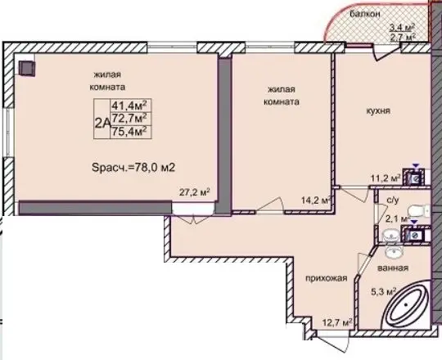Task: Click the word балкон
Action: [x=365, y=14]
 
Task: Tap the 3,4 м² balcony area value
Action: [x=402, y=28]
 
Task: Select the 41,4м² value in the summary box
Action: [x=130, y=106]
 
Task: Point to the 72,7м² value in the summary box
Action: [x=130, y=118]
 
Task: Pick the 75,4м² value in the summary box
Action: [x=130, y=131]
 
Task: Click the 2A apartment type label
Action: [x=102, y=123]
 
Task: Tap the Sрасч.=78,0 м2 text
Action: [x=133, y=168]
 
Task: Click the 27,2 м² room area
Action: [x=195, y=192]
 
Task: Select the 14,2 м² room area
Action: [x=316, y=200]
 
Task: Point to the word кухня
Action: [x=378, y=110]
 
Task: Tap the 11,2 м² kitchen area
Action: [x=386, y=178]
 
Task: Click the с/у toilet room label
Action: [x=393, y=200]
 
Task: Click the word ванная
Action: [x=393, y=268]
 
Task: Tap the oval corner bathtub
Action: [x=407, y=305]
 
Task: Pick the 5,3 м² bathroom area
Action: [x=384, y=291]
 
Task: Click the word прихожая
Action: [x=327, y=278]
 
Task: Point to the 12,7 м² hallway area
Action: [x=338, y=322]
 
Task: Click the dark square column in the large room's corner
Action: [x=27, y=68]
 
